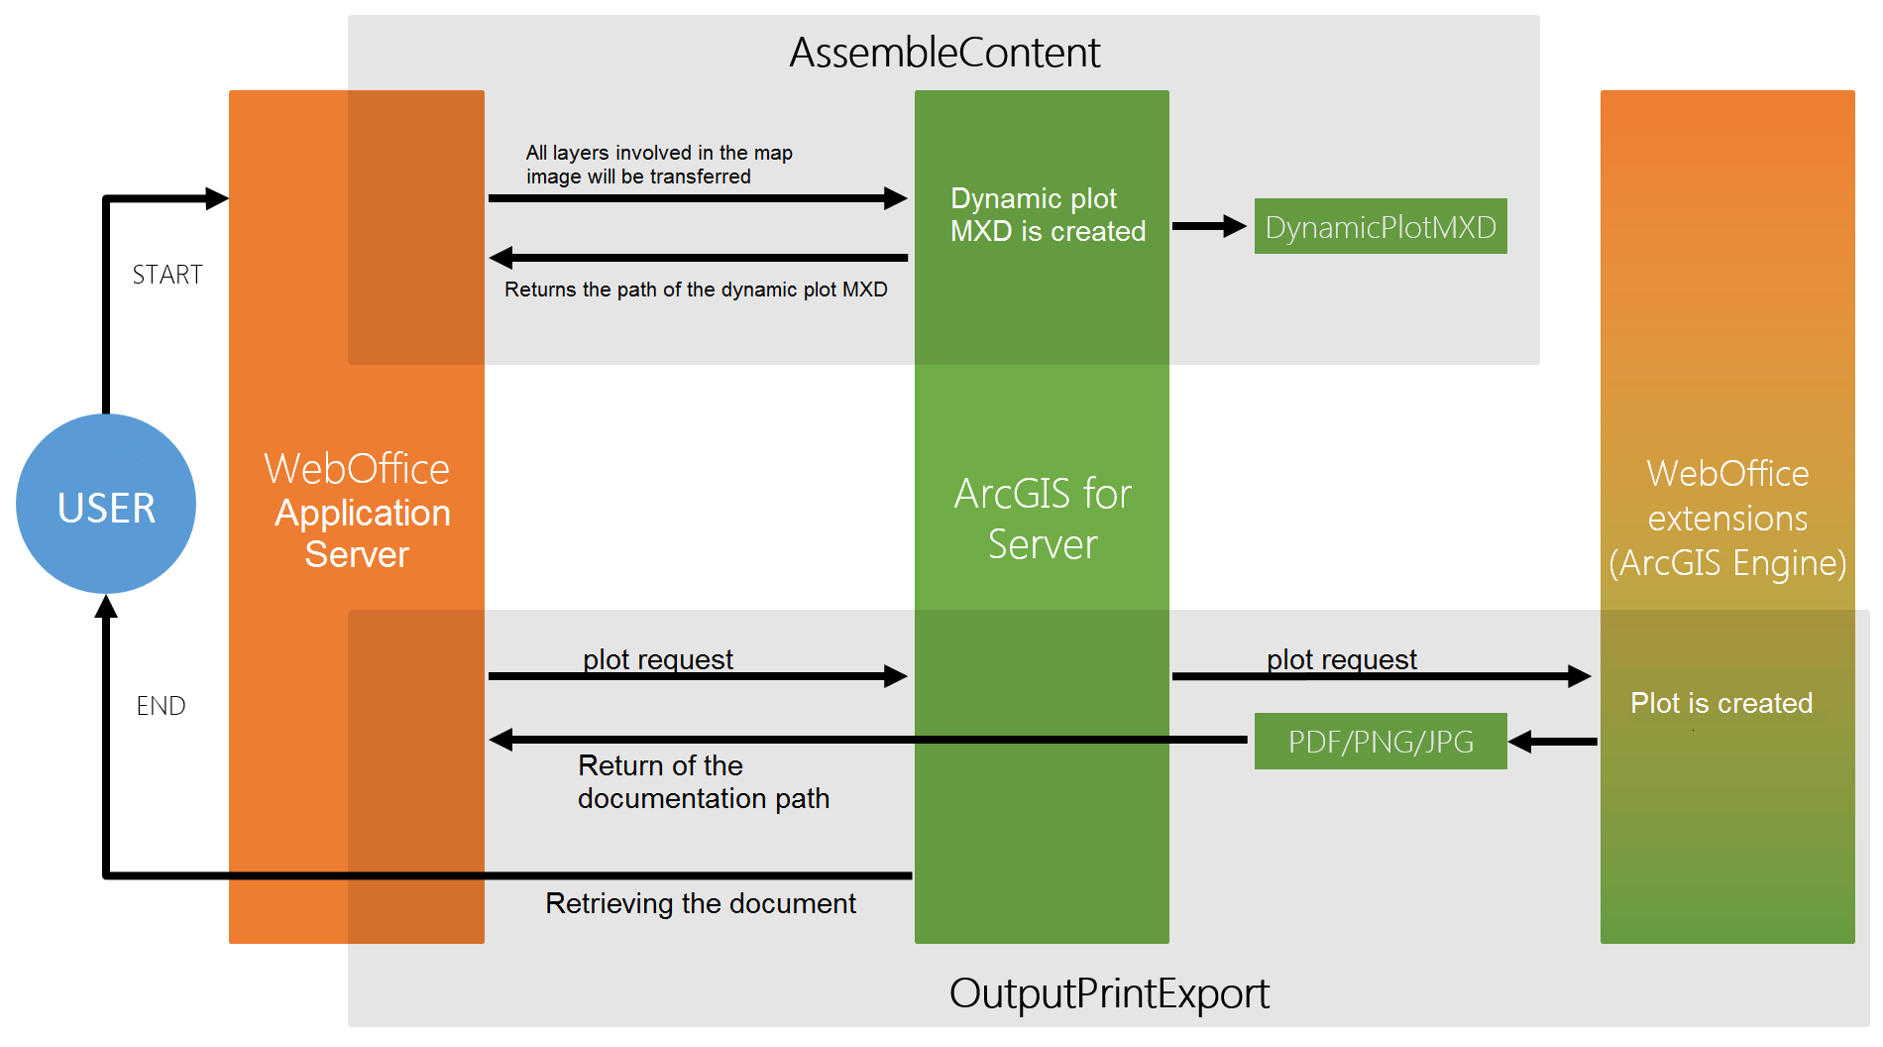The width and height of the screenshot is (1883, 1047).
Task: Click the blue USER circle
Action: pyautogui.click(x=106, y=505)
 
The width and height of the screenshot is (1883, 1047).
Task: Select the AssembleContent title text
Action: pyautogui.click(x=943, y=53)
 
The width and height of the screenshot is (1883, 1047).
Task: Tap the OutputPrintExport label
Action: pyautogui.click(x=1108, y=993)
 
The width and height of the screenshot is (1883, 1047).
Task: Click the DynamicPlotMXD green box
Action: pyautogui.click(x=1380, y=227)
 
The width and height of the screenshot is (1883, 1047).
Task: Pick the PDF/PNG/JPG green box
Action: pyautogui.click(x=1380, y=742)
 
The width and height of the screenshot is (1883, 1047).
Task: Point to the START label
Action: pyautogui.click(x=167, y=275)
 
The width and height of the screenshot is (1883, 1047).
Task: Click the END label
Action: pyautogui.click(x=161, y=706)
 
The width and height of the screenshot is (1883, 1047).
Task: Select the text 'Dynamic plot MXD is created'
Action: pyautogui.click(x=1047, y=215)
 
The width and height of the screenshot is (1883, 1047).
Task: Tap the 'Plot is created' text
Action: pyautogui.click(x=1720, y=703)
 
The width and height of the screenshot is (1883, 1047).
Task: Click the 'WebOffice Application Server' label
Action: pyautogui.click(x=358, y=511)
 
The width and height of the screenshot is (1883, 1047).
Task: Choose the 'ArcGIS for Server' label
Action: pyautogui.click(x=1043, y=519)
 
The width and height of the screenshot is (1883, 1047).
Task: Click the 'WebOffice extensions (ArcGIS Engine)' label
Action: pyautogui.click(x=1727, y=518)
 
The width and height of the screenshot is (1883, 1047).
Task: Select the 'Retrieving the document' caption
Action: pyautogui.click(x=700, y=903)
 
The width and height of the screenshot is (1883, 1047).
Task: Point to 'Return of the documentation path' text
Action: pyautogui.click(x=703, y=782)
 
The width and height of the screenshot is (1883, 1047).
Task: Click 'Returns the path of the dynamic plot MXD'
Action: pyautogui.click(x=696, y=290)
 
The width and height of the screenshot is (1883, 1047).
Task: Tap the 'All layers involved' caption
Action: pyautogui.click(x=658, y=165)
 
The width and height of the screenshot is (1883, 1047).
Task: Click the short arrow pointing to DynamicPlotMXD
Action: pyautogui.click(x=1208, y=226)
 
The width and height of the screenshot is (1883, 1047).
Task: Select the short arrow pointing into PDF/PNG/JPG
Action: pyautogui.click(x=1553, y=742)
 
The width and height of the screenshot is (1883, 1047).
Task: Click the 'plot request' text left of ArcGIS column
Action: pyautogui.click(x=657, y=659)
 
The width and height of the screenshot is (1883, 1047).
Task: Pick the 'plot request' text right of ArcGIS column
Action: pyautogui.click(x=1341, y=659)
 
